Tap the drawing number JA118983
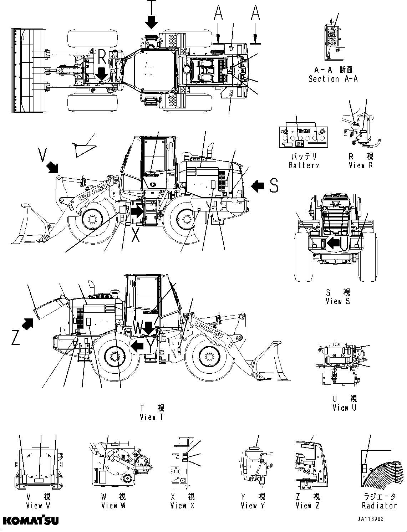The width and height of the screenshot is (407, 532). (x=371, y=519)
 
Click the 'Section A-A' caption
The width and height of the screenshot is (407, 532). (x=333, y=79)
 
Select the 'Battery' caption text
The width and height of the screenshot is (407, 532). (x=304, y=165)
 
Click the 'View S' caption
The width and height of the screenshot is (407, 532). (x=337, y=301)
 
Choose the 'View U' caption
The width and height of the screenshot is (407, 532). (x=344, y=408)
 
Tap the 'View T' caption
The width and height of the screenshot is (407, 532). (x=152, y=417)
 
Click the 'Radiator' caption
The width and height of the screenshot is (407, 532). (x=379, y=505)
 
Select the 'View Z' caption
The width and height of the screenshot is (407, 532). (x=307, y=505)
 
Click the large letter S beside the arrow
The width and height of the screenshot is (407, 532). (x=274, y=185)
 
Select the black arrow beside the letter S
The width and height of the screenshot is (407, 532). (x=258, y=185)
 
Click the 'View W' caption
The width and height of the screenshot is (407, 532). (x=113, y=505)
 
